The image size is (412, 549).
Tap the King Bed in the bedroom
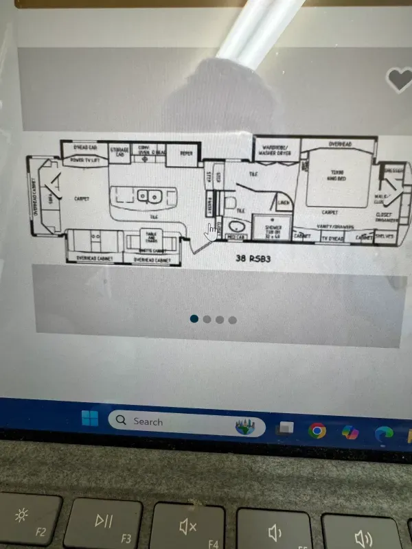click(336, 174)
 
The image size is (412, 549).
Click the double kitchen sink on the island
click(148, 197)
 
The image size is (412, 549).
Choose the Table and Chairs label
click(151, 237)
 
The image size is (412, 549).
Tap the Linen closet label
click(283, 203)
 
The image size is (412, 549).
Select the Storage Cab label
click(119, 152)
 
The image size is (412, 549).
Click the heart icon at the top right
click(399, 80)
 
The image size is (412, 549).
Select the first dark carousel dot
click(194, 318)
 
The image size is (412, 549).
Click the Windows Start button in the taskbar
click(89, 419)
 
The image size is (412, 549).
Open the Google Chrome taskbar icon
click(317, 430)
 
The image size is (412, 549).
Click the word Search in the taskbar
click(148, 421)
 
